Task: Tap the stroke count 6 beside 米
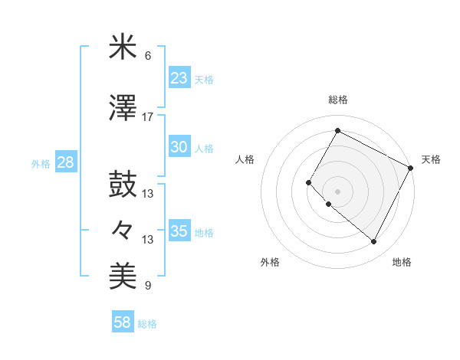point(148,56)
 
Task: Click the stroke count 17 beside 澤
point(148,117)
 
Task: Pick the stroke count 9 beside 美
point(148,286)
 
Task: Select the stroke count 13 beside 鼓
point(148,194)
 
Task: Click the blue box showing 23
point(179,78)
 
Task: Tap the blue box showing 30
point(179,147)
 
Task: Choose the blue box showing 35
point(179,231)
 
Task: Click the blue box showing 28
point(65,162)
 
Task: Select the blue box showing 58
point(123,323)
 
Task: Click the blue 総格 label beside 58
point(147,324)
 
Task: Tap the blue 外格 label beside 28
point(41,163)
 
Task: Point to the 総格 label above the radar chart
point(337,100)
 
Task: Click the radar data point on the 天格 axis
point(411,168)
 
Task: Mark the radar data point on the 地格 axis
point(374,242)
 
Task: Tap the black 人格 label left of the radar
point(245,159)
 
